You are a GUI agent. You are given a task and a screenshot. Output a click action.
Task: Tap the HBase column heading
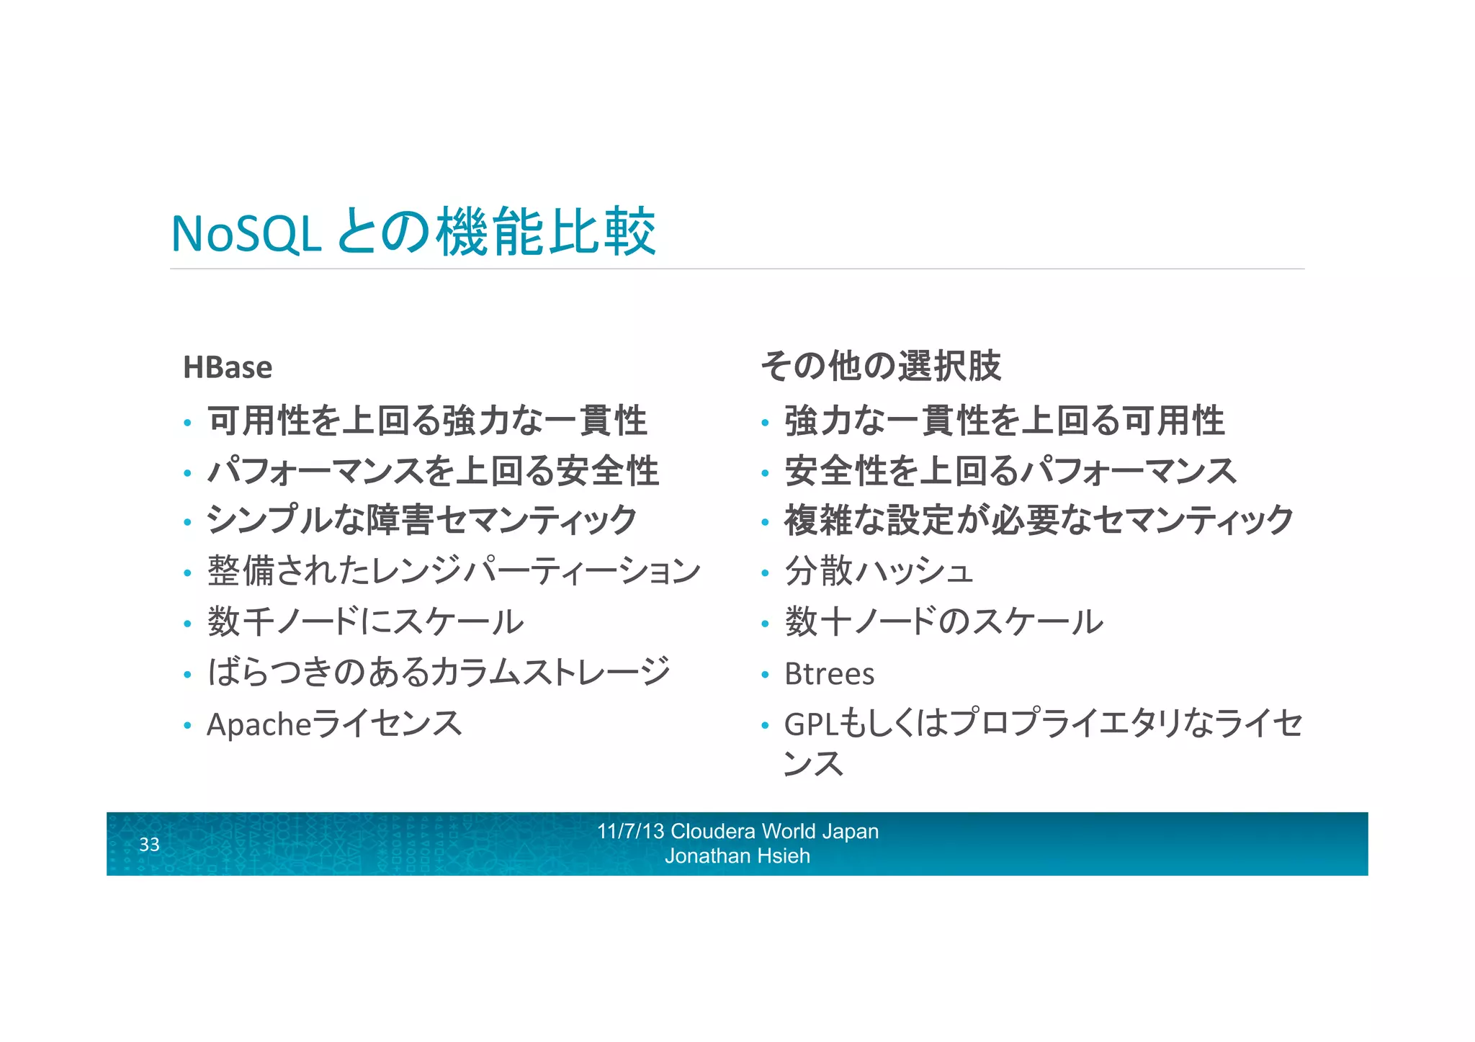pyautogui.click(x=228, y=367)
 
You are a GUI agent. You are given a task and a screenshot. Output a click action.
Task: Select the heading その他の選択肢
pyautogui.click(x=880, y=366)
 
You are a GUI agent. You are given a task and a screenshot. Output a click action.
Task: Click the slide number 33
pyautogui.click(x=149, y=844)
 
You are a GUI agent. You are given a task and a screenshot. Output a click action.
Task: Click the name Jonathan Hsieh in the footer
pyautogui.click(x=737, y=856)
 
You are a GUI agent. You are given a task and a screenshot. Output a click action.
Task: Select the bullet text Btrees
pyautogui.click(x=829, y=674)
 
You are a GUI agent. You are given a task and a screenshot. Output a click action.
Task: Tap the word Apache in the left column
pyautogui.click(x=259, y=724)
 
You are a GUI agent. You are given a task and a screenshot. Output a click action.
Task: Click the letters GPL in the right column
pyautogui.click(x=811, y=724)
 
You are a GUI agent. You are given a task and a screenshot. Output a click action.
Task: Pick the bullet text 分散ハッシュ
pyautogui.click(x=879, y=571)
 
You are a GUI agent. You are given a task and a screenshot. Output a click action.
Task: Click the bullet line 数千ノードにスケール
pyautogui.click(x=365, y=621)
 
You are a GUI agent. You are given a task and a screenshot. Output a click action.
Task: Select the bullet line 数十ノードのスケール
pyautogui.click(x=943, y=621)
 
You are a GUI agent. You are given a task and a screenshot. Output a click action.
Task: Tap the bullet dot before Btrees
pyautogui.click(x=765, y=675)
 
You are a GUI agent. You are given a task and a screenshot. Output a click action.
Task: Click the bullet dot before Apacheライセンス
pyautogui.click(x=187, y=726)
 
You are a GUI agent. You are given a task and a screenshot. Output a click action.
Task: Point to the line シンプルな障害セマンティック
pyautogui.click(x=421, y=520)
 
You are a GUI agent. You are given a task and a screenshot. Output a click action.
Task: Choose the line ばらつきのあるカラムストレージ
pyautogui.click(x=439, y=672)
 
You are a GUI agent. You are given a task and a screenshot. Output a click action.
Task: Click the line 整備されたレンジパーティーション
pyautogui.click(x=454, y=571)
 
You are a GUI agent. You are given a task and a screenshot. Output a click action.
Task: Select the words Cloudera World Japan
pyautogui.click(x=774, y=831)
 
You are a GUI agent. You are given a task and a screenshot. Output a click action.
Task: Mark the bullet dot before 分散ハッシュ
pyautogui.click(x=765, y=573)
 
